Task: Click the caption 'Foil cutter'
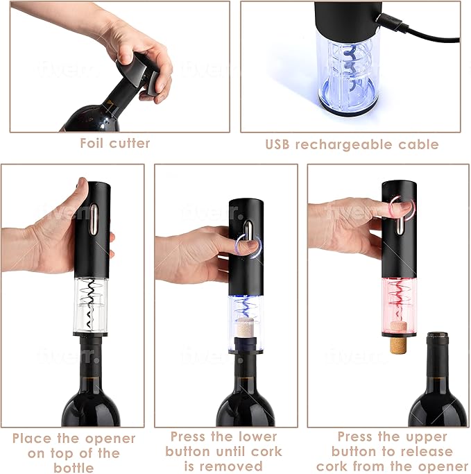pos(114,144)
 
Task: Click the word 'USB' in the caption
pos(278,144)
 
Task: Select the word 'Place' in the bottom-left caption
pos(33,439)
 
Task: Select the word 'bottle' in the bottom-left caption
pos(74,467)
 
